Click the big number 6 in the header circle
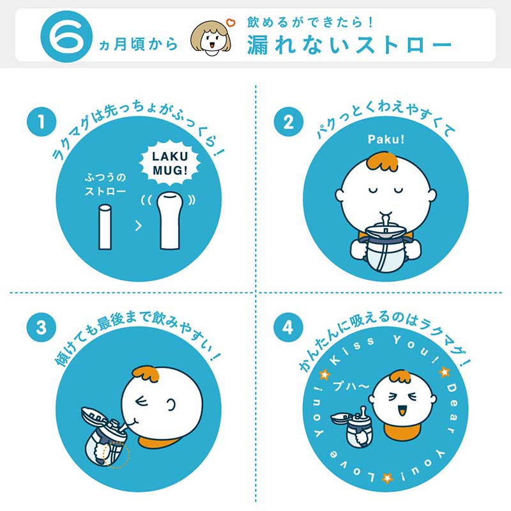66,36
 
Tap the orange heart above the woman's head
231,22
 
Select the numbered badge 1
42,122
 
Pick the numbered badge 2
289,122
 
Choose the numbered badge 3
42,327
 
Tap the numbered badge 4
289,327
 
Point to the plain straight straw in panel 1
105,227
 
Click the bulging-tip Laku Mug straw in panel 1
170,221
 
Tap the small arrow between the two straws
139,225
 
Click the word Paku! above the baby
386,139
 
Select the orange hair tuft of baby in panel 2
383,162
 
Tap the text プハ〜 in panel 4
351,386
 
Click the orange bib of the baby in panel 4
402,432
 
